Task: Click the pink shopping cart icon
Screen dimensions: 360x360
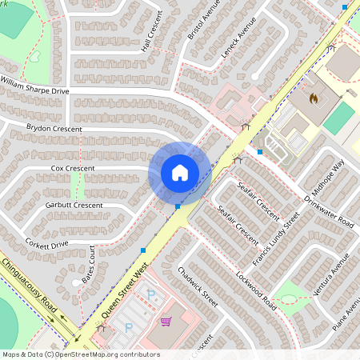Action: [166, 322]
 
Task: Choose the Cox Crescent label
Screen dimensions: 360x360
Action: [73, 169]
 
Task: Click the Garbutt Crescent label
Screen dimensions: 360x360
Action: [74, 206]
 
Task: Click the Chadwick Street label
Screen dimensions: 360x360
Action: [198, 287]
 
